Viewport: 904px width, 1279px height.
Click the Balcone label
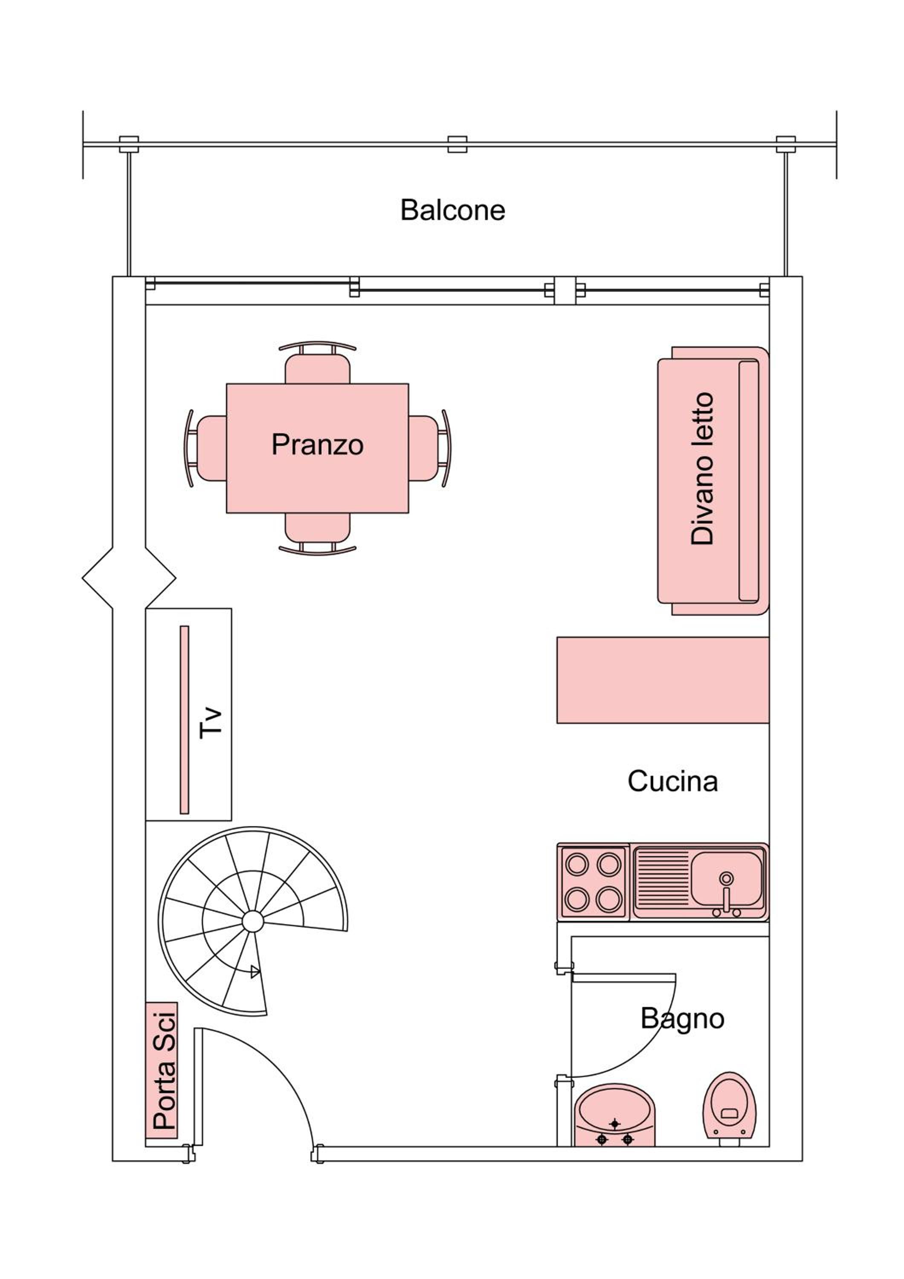click(x=452, y=211)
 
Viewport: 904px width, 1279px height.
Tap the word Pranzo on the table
click(x=318, y=445)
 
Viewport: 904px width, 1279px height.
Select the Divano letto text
click(x=702, y=469)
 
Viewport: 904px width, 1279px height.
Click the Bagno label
click(x=682, y=1019)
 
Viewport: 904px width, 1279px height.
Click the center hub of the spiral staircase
click(x=253, y=921)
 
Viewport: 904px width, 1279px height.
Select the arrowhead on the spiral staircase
click(x=255, y=972)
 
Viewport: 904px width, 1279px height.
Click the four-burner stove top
click(x=593, y=882)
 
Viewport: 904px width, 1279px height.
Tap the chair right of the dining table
click(x=429, y=448)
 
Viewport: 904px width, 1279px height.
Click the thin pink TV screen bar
click(x=184, y=719)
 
